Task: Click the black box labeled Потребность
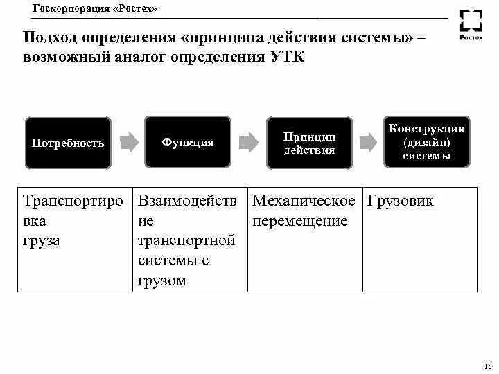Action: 68,143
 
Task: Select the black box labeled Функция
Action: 187,142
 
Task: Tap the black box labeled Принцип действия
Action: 309,143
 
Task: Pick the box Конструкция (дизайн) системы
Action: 426,141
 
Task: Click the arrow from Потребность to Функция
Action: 128,143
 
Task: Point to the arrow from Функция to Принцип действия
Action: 247,143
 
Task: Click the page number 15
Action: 486,365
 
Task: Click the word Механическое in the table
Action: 304,202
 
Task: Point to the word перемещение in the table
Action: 299,222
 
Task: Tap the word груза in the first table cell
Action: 42,241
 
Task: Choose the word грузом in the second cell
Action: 162,280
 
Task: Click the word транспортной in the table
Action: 186,241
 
